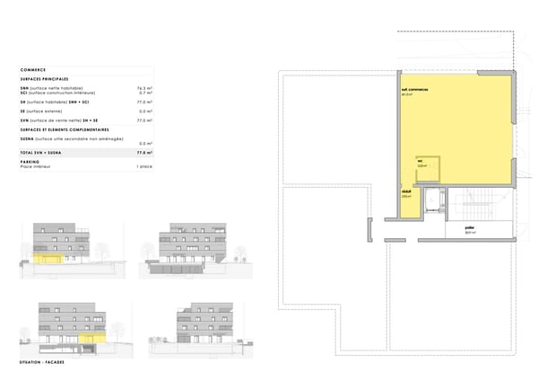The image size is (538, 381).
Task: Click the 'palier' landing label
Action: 469,228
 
